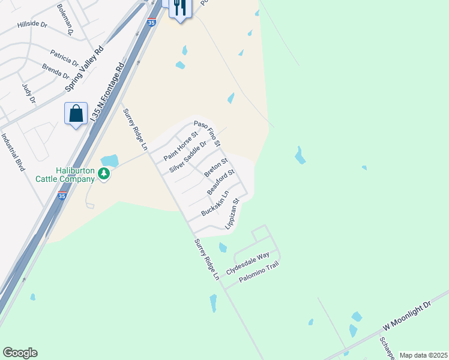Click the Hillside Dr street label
[32, 24]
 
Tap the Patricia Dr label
[64, 57]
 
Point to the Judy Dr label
[29, 93]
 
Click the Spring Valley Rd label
[85, 70]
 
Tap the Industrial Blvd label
[13, 152]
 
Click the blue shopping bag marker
[76, 113]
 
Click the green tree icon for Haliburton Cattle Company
[104, 174]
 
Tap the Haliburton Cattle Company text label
[75, 175]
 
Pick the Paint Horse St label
[181, 146]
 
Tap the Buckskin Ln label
[215, 204]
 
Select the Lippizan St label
[232, 214]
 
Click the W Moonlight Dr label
[407, 316]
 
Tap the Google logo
[20, 353]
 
